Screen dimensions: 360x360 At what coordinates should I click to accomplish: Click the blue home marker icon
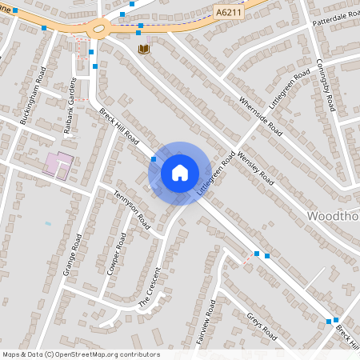coord(180,173)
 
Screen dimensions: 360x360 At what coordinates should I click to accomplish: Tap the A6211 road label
coord(230,11)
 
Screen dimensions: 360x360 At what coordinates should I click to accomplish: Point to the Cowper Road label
coord(116,254)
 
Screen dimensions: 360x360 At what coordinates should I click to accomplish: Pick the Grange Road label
coord(73,254)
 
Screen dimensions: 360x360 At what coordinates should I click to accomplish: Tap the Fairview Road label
coord(206,322)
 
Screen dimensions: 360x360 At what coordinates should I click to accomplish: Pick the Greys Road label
coord(261,325)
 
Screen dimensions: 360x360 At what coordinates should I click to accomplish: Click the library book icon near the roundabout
coord(144,50)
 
